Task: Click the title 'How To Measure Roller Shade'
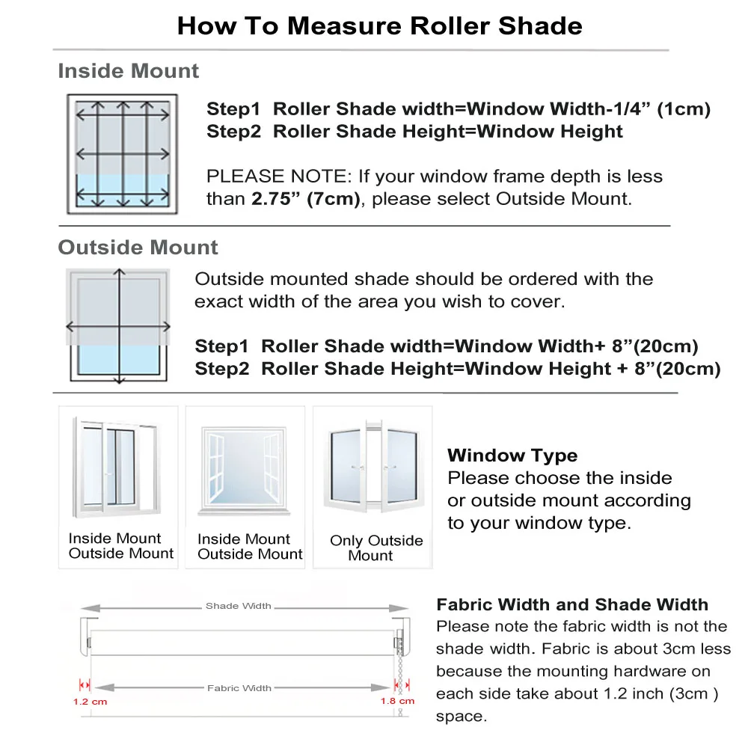coord(379,26)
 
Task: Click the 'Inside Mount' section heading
coord(128,71)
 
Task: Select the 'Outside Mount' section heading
coord(138,248)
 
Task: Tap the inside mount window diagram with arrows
coord(122,154)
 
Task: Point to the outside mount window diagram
coord(119,325)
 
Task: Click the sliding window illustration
coord(117,467)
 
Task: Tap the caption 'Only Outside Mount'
coord(375,548)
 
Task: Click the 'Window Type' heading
coord(512,456)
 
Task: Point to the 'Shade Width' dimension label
coord(238,606)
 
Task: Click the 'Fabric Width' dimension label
coord(239,688)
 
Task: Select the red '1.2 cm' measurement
coord(90,702)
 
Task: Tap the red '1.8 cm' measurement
coord(396,702)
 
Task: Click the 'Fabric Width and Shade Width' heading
coord(571,604)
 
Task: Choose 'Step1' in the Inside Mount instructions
coord(233,109)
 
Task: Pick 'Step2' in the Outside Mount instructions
coord(221,369)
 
